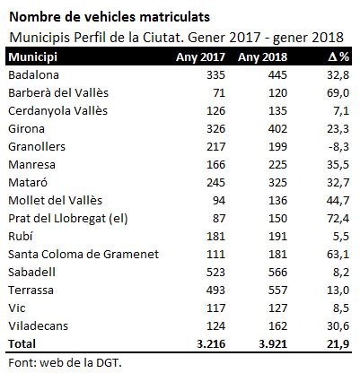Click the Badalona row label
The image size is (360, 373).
(x=33, y=75)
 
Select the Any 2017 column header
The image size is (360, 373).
(x=200, y=57)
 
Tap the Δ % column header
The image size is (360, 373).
(x=338, y=56)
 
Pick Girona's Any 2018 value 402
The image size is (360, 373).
(x=277, y=129)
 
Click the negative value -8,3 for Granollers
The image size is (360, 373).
(x=338, y=147)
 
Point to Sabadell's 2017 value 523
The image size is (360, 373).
(x=215, y=273)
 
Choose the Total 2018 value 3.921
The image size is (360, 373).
(x=273, y=344)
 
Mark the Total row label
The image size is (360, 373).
(x=22, y=344)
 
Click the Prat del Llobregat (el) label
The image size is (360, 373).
(x=68, y=219)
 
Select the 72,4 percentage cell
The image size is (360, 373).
(x=338, y=219)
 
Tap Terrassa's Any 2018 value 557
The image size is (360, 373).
(x=277, y=291)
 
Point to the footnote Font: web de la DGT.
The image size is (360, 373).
(x=65, y=363)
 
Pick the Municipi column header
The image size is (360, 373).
(x=33, y=57)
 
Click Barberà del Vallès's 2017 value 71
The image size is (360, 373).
(x=219, y=93)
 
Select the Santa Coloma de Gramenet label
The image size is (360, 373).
(x=83, y=255)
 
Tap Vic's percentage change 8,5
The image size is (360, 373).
(x=341, y=308)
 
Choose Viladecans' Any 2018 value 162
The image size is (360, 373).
(x=277, y=326)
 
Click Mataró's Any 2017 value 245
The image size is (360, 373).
(x=215, y=183)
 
